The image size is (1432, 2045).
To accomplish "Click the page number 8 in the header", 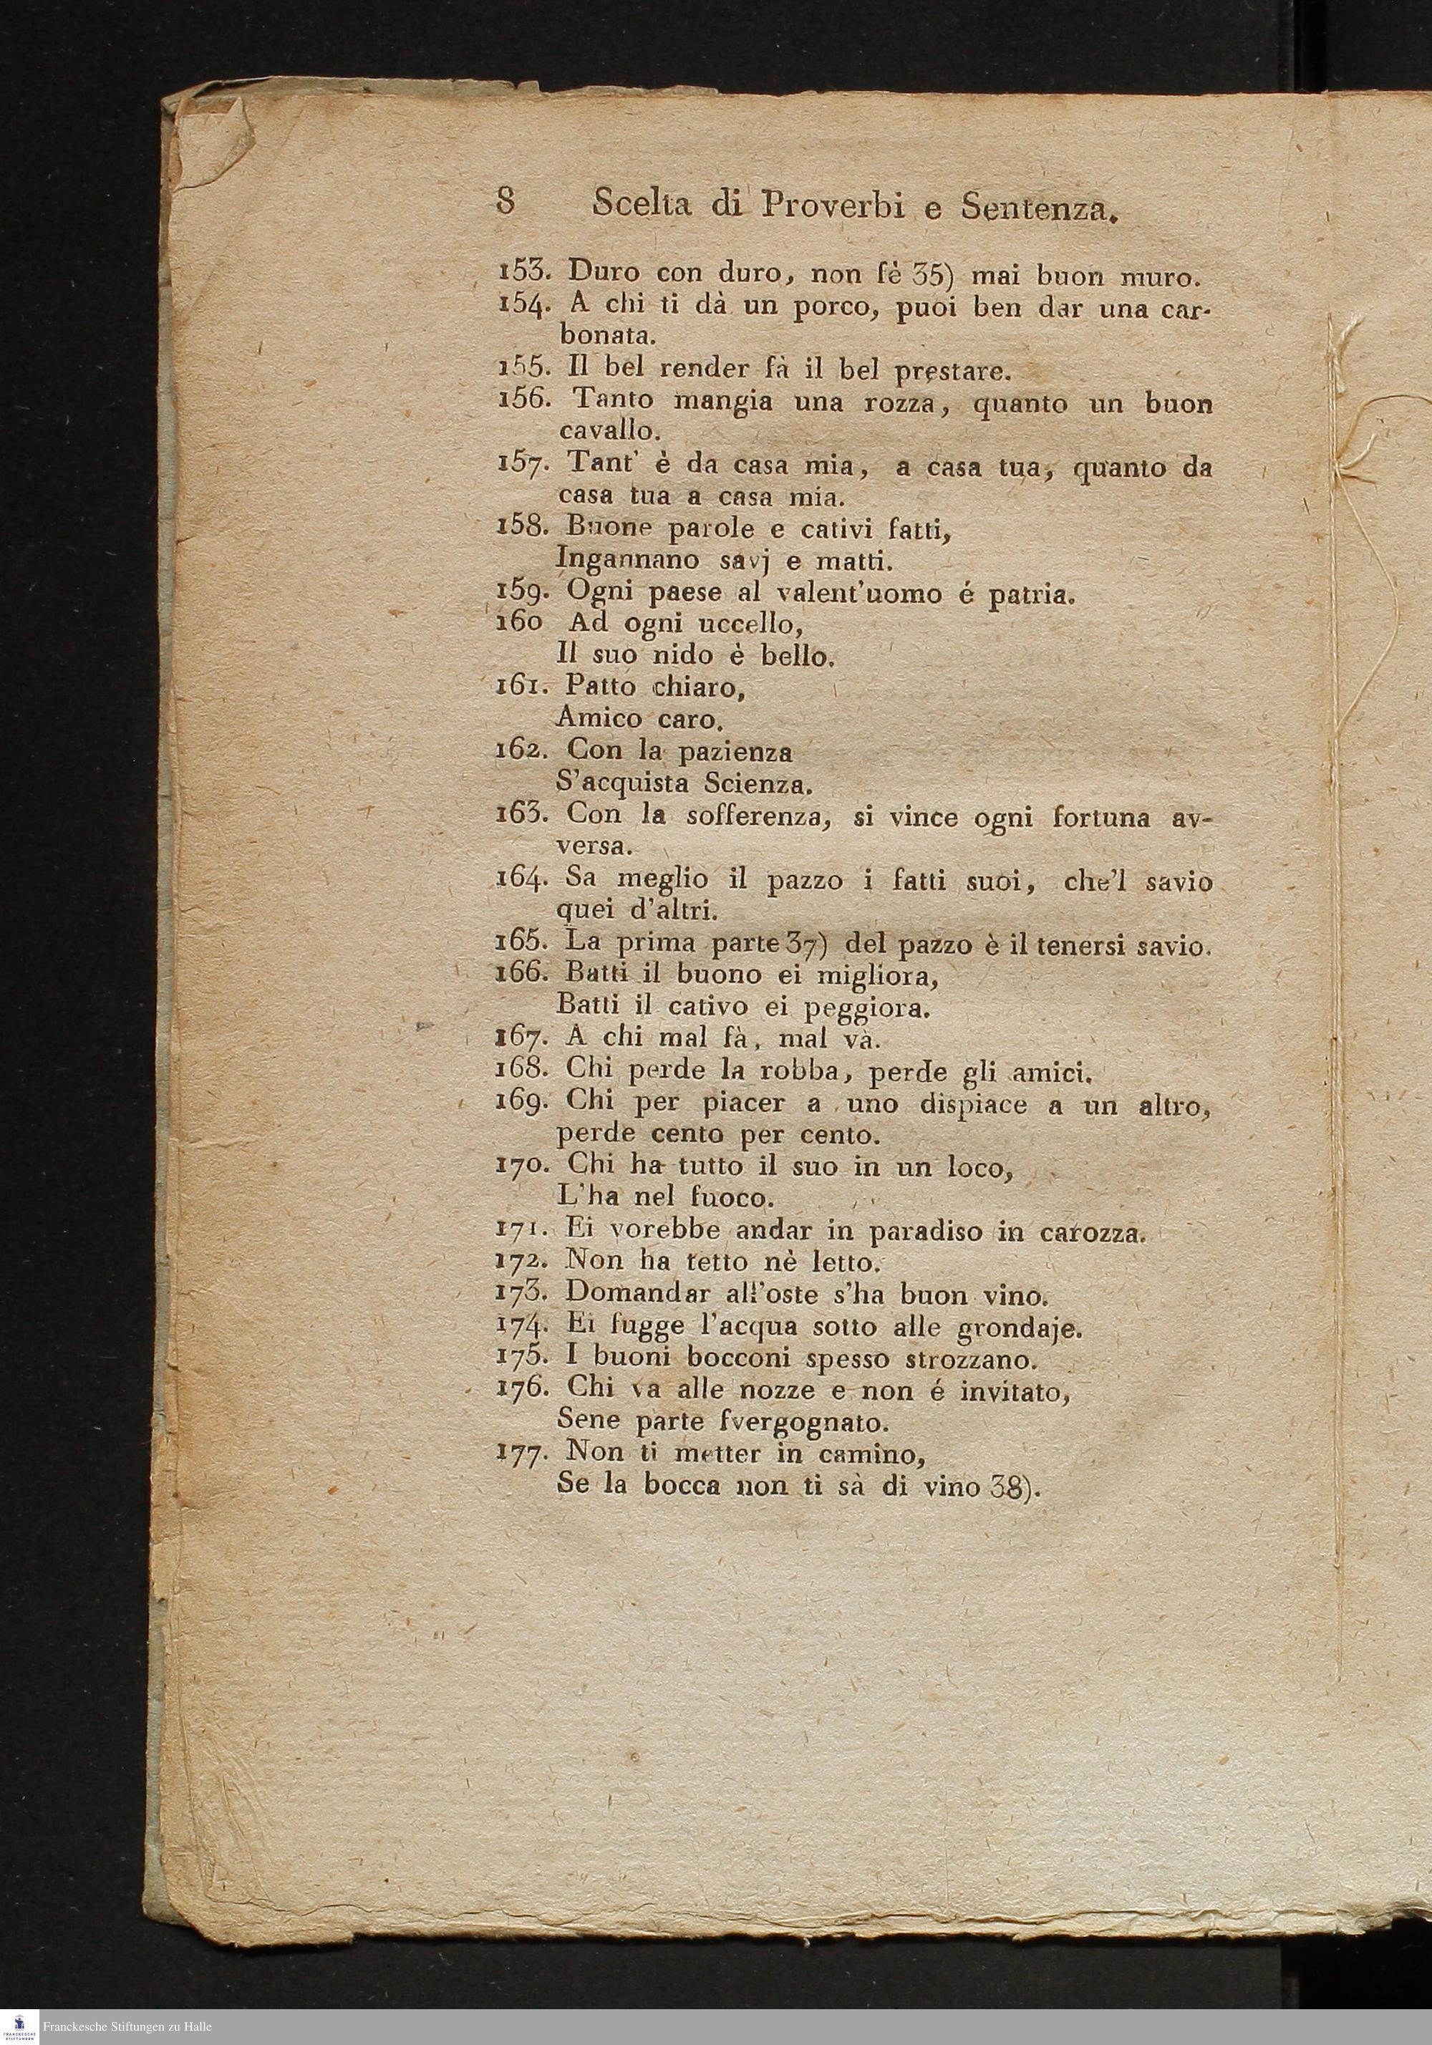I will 505,203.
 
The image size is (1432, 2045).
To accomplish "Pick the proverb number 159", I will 526,591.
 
